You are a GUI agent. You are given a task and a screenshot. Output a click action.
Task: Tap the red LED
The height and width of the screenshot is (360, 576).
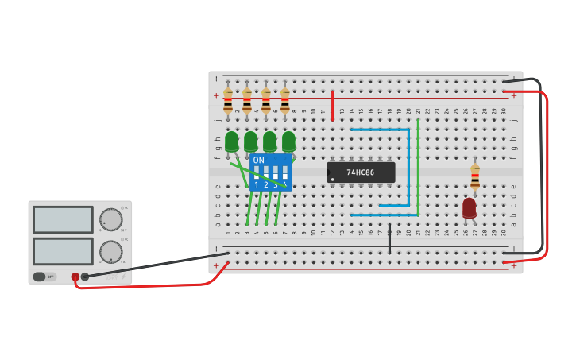click(x=470, y=207)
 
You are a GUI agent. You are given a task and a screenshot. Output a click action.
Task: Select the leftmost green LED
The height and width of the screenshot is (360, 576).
click(x=231, y=141)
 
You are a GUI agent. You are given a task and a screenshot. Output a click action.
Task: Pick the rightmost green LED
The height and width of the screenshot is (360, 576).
click(x=288, y=141)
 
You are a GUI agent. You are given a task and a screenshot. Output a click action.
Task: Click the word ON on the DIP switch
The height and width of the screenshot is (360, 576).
click(x=259, y=160)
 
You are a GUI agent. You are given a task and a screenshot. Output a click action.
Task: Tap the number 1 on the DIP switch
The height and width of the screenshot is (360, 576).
click(x=257, y=185)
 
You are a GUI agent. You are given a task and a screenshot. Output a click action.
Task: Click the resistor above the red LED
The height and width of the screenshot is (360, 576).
click(x=475, y=176)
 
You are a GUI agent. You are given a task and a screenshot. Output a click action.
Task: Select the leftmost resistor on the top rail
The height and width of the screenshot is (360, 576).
click(x=228, y=101)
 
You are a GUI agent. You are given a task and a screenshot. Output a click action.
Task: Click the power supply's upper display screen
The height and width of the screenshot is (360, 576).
click(x=63, y=219)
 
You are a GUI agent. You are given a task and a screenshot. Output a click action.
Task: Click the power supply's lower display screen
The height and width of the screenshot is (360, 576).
click(x=63, y=251)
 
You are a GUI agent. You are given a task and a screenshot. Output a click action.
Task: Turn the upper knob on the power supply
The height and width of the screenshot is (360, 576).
click(x=110, y=219)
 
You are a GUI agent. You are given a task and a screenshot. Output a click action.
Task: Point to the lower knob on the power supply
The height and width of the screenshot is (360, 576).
click(x=110, y=252)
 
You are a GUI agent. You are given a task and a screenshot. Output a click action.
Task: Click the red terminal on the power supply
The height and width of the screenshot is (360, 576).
click(x=75, y=277)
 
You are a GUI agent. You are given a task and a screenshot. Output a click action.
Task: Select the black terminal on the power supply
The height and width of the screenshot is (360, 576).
click(x=85, y=277)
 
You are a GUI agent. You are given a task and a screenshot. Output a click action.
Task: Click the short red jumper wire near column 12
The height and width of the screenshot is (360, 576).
click(x=332, y=105)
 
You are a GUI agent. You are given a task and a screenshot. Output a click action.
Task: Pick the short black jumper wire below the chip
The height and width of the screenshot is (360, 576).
click(x=389, y=238)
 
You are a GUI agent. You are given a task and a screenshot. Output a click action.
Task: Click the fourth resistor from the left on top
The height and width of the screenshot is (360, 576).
click(x=285, y=101)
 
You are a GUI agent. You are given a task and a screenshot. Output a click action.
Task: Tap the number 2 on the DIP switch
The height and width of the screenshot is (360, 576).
click(x=266, y=185)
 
